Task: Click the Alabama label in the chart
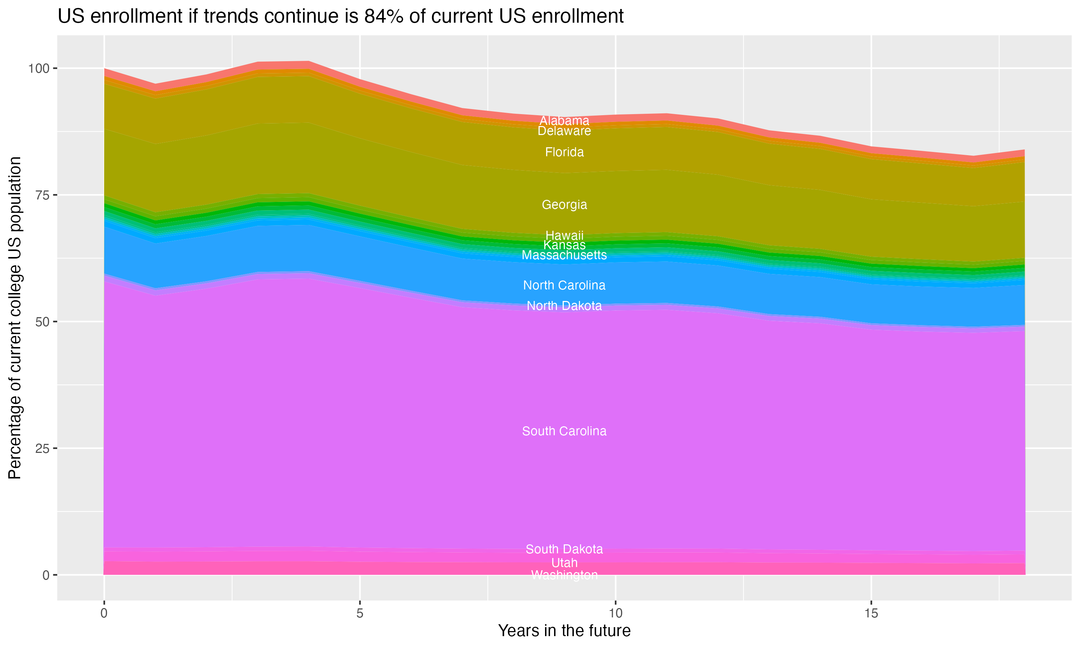click(564, 121)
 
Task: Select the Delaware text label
click(564, 131)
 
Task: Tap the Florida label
click(564, 152)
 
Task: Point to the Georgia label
click(564, 204)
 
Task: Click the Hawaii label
click(564, 235)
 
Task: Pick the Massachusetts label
click(564, 255)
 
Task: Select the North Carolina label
click(564, 285)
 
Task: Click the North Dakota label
click(564, 306)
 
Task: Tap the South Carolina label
click(564, 431)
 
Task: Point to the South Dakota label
click(564, 549)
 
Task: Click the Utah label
click(564, 563)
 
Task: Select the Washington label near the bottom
click(564, 575)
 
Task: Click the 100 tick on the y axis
click(39, 68)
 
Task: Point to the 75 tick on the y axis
click(42, 195)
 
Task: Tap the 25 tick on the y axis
click(42, 449)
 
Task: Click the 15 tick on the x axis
click(871, 613)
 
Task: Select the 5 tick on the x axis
click(360, 613)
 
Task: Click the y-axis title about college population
click(15, 318)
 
